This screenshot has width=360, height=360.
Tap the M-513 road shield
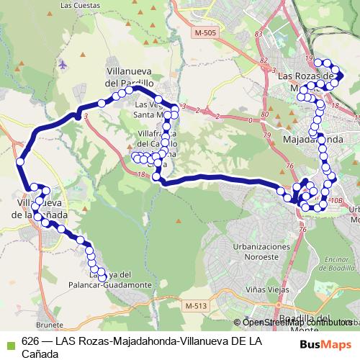pos(195,306)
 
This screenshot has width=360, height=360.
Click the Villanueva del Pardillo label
pos(130,77)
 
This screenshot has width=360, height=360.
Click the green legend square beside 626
pos(9,341)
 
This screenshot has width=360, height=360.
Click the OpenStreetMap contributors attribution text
pos(296,322)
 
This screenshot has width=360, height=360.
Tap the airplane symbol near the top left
pos(64,63)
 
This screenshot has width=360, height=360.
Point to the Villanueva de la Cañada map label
pos(42,209)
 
